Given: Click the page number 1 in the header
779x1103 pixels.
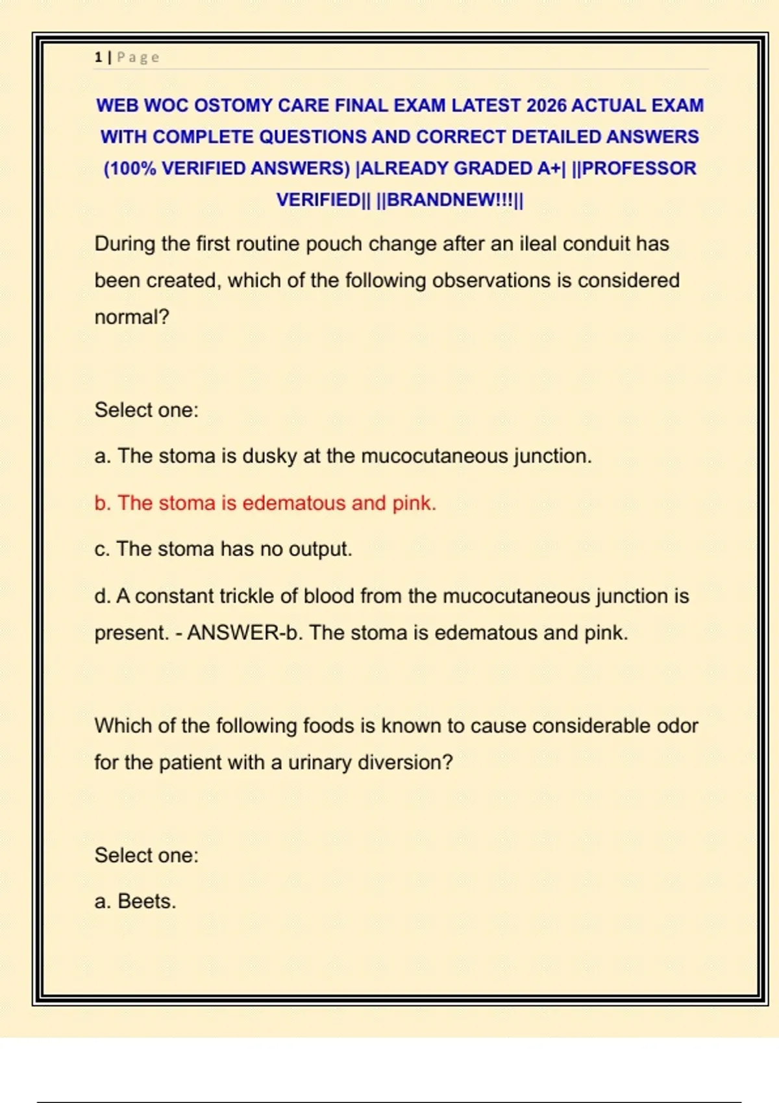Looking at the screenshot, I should (x=98, y=57).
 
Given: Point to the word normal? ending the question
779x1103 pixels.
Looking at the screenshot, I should (x=132, y=317).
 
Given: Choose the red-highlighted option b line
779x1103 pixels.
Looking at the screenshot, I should (x=265, y=503).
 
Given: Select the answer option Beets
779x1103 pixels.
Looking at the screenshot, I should (x=146, y=901).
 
